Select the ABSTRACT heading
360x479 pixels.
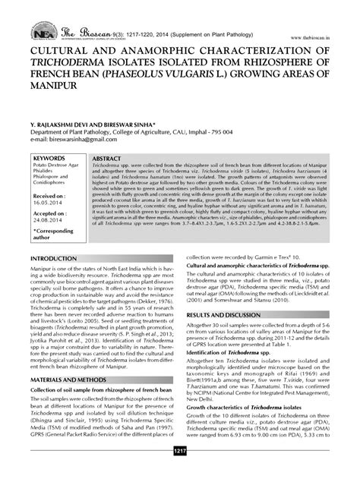[x=111, y=156]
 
